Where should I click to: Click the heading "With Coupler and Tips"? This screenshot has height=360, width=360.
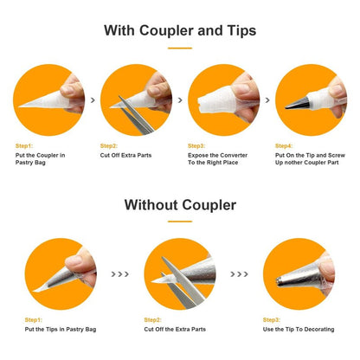[180, 30]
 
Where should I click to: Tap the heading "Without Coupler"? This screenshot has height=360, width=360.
[180, 205]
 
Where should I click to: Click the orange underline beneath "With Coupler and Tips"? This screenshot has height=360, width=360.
[180, 48]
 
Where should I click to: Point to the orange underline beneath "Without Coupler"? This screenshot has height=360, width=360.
[180, 222]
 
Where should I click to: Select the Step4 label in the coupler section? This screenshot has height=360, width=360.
[284, 146]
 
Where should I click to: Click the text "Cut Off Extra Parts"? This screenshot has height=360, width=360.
[125, 155]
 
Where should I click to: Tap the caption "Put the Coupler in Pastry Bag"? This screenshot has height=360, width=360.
[40, 159]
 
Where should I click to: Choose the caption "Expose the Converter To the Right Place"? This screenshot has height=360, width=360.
[217, 159]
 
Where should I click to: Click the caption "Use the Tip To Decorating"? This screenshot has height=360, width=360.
[299, 330]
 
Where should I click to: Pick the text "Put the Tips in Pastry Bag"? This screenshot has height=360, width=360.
[61, 330]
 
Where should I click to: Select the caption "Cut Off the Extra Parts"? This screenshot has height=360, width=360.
[175, 330]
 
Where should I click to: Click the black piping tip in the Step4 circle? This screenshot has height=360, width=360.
[297, 103]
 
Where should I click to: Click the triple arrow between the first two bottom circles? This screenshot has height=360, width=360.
[119, 274]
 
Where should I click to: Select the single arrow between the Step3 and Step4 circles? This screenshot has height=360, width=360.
[267, 100]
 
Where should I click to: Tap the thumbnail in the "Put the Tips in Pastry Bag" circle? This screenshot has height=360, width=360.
[74, 261]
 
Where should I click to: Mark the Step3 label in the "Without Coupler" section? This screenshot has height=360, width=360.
[272, 320]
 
